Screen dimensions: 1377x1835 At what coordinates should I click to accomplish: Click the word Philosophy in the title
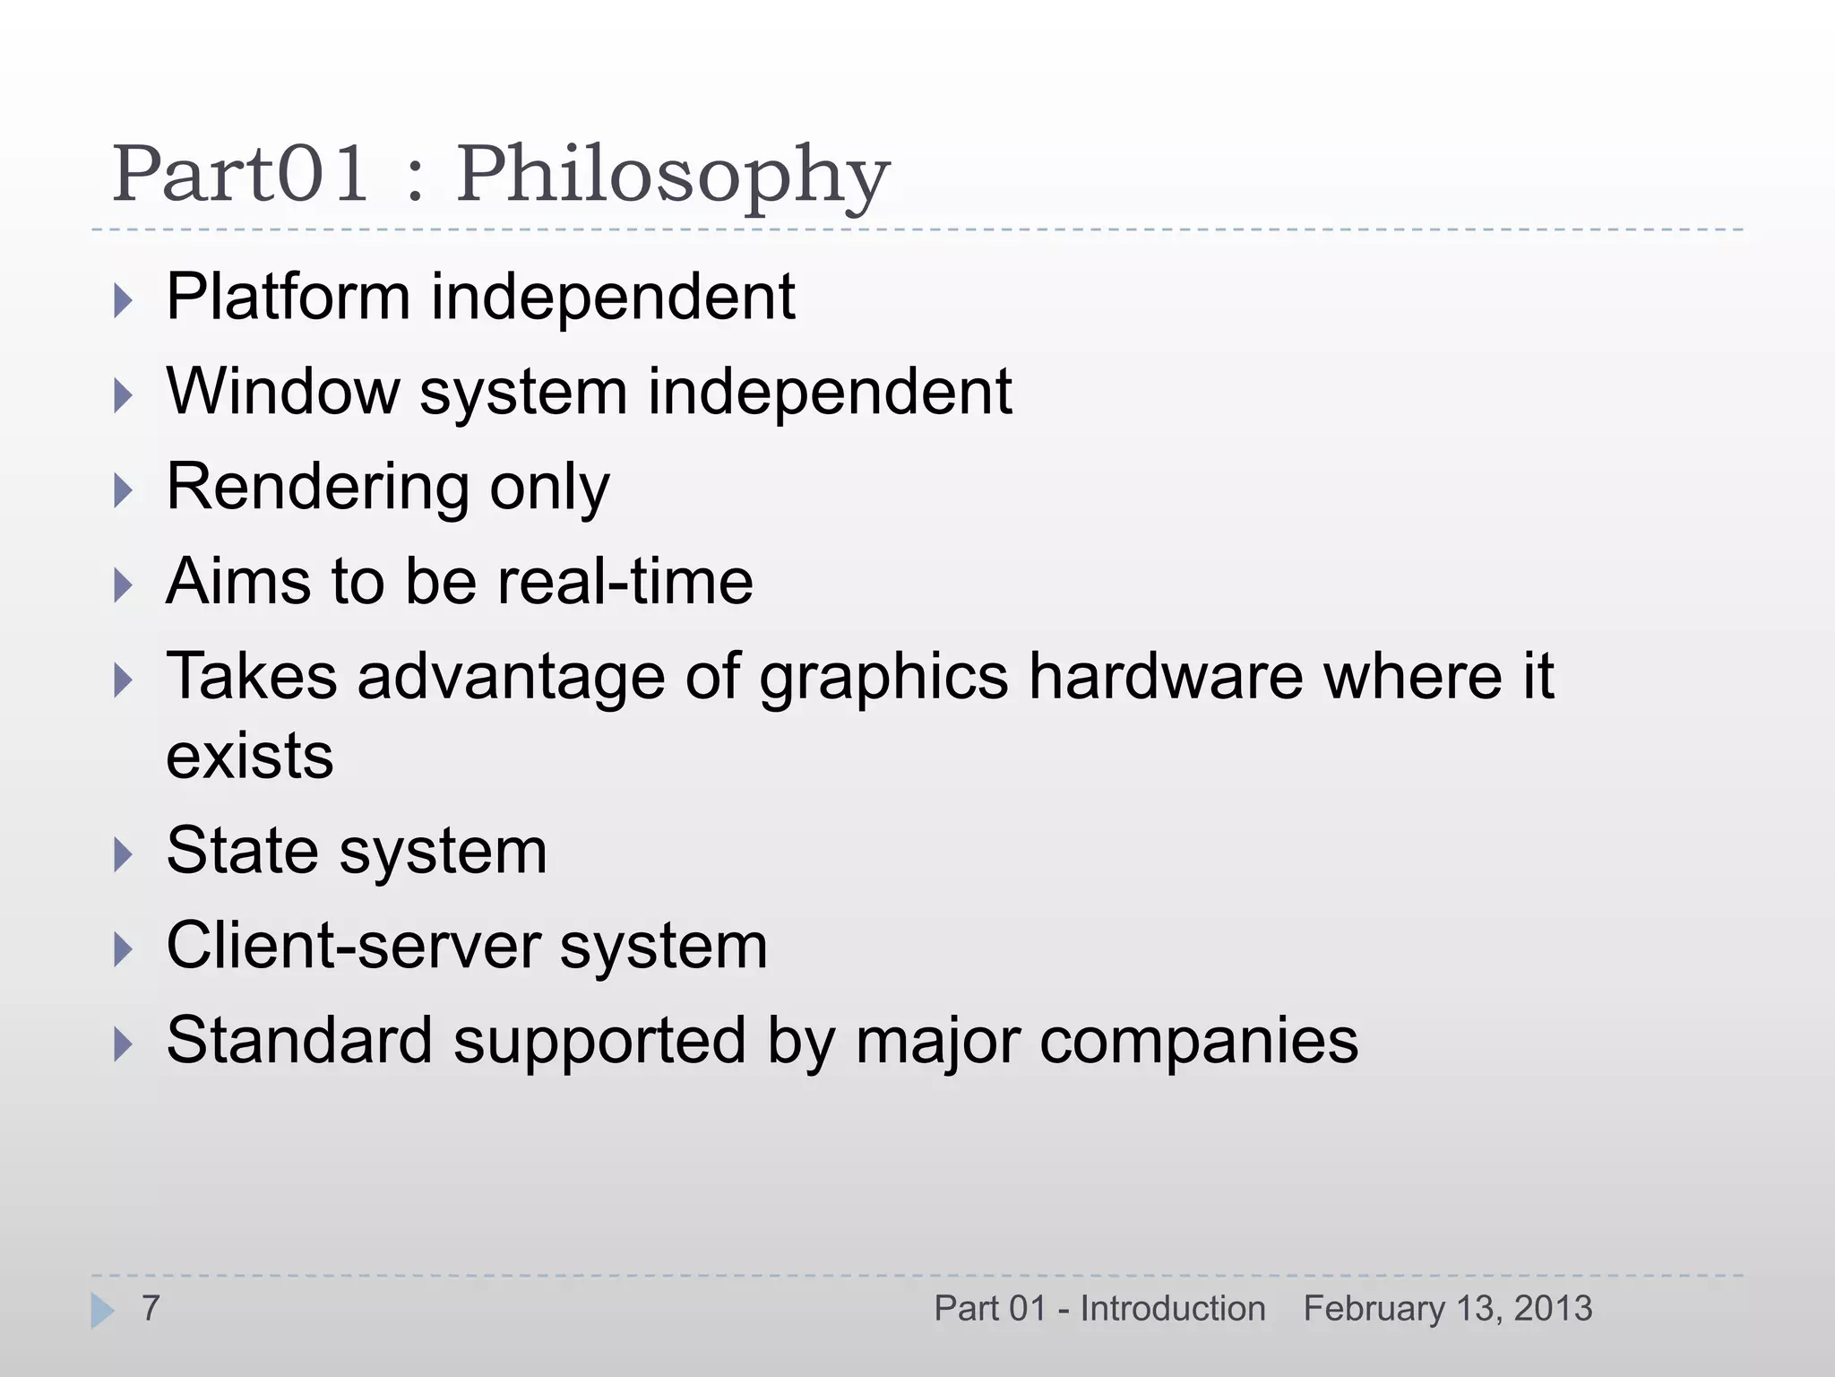coord(673,175)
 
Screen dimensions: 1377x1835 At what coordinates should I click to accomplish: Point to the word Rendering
coord(317,488)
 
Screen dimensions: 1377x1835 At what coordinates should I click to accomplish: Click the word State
coord(243,851)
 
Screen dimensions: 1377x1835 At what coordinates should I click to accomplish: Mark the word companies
coord(1195,1042)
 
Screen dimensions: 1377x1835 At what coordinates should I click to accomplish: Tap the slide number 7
coord(151,1309)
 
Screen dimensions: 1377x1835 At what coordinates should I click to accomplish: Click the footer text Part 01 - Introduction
coord(1099,1309)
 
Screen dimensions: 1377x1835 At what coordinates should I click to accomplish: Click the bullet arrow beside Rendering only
coord(124,490)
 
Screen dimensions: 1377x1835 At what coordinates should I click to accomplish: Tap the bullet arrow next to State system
coord(124,854)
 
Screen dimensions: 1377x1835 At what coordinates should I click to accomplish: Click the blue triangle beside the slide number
coord(102,1311)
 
